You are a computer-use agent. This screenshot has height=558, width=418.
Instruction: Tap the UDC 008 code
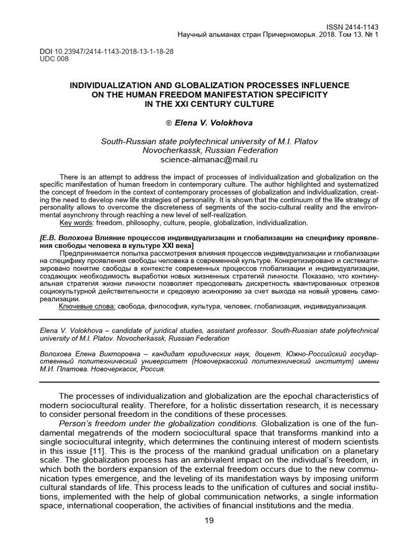[x=54, y=59]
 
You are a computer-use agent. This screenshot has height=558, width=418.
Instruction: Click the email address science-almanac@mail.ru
[x=208, y=160]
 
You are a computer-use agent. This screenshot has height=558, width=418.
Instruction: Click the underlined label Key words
[x=76, y=223]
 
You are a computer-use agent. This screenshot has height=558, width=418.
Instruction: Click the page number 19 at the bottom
[x=209, y=520]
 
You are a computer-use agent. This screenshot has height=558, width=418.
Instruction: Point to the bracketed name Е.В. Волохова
[x=68, y=238]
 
